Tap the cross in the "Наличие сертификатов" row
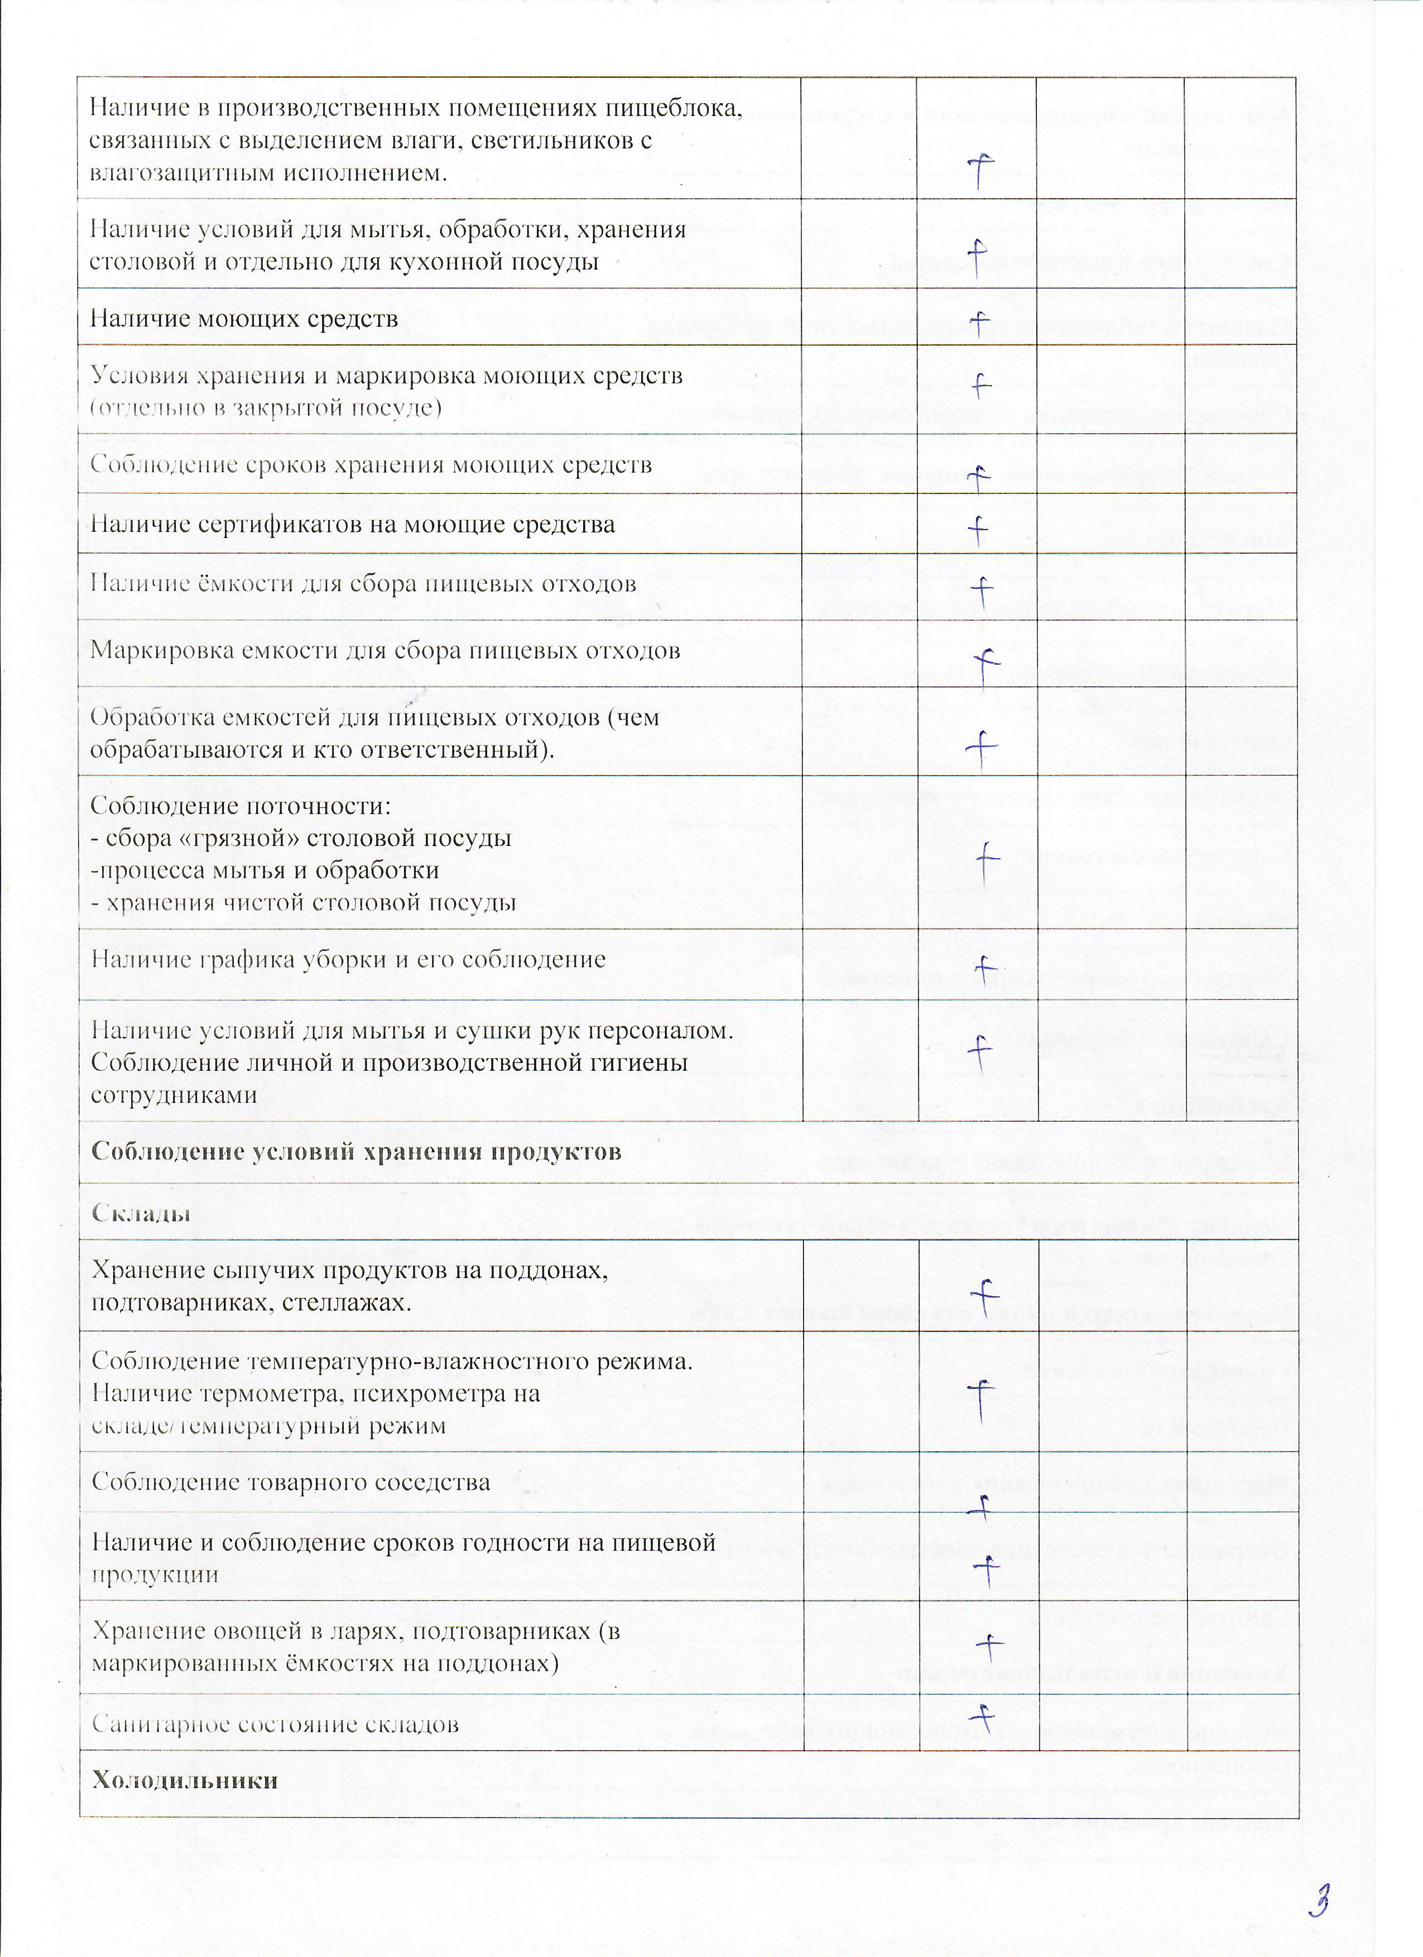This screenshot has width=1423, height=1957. [977, 528]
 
